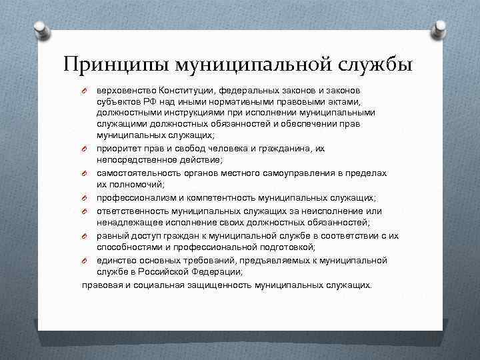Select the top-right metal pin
(441, 29)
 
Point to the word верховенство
(125, 89)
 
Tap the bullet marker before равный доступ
(85, 236)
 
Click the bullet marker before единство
(85, 261)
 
